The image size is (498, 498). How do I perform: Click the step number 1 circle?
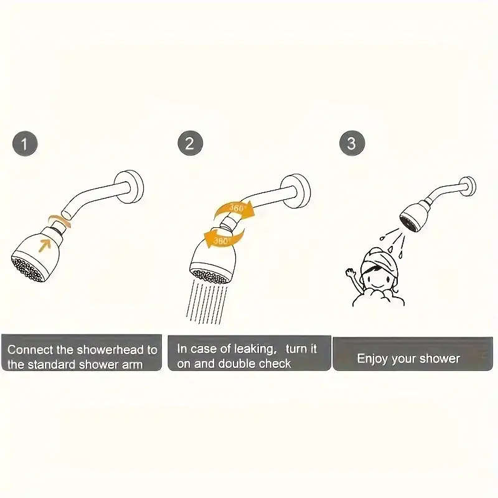pos(25,144)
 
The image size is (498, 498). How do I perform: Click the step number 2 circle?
pos(190,144)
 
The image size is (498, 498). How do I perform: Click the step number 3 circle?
pos(352,144)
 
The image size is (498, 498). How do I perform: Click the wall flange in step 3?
pos(468,186)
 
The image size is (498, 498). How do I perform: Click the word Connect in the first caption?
pos(30,350)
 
